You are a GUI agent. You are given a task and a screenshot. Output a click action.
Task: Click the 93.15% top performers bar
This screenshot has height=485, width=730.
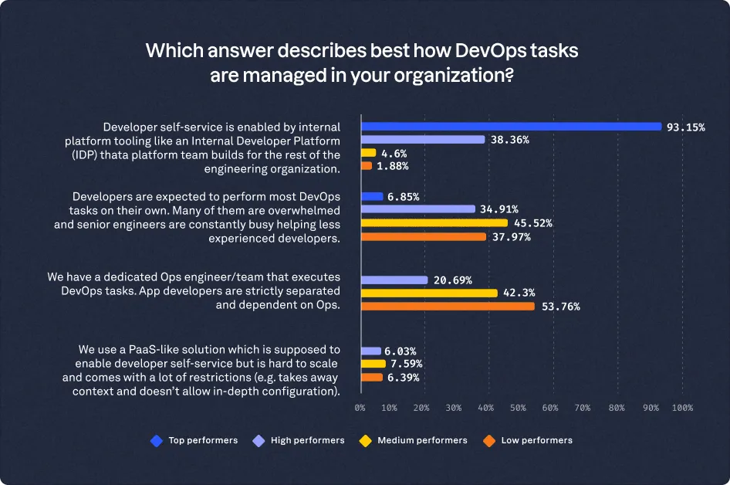pos(511,127)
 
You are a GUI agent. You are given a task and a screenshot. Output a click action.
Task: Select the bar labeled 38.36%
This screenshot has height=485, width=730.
pos(423,140)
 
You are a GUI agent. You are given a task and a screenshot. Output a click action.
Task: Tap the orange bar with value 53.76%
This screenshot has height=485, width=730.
pos(448,306)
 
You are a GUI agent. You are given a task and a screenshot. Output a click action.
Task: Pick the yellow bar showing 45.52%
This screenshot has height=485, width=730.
pos(434,222)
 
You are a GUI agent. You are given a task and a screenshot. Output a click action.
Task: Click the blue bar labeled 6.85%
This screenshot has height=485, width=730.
pos(372,196)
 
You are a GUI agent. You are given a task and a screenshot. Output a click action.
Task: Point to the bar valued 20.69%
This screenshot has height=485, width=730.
pos(394,280)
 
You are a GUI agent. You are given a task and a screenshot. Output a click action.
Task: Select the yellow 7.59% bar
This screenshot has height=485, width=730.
pos(373,364)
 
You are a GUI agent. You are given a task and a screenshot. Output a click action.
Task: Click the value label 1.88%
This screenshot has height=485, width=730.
pos(393,166)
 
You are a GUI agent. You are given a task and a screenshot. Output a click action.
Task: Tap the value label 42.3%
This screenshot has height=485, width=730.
pos(519,293)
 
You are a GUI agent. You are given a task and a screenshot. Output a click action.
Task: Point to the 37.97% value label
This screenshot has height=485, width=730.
pos(509,236)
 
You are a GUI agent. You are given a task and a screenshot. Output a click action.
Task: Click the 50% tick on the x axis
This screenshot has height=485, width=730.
pos(519,408)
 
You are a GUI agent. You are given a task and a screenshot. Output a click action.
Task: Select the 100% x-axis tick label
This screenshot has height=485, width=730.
pos(681,408)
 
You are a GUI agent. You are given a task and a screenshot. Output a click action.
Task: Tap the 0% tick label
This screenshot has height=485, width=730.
pos(360,408)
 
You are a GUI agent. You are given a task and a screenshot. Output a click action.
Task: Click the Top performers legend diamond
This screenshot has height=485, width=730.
pos(157,440)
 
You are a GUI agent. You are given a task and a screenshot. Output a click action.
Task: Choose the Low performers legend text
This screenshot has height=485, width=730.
pos(536,440)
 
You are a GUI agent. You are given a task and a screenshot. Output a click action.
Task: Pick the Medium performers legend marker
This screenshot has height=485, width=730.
pos(365,440)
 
